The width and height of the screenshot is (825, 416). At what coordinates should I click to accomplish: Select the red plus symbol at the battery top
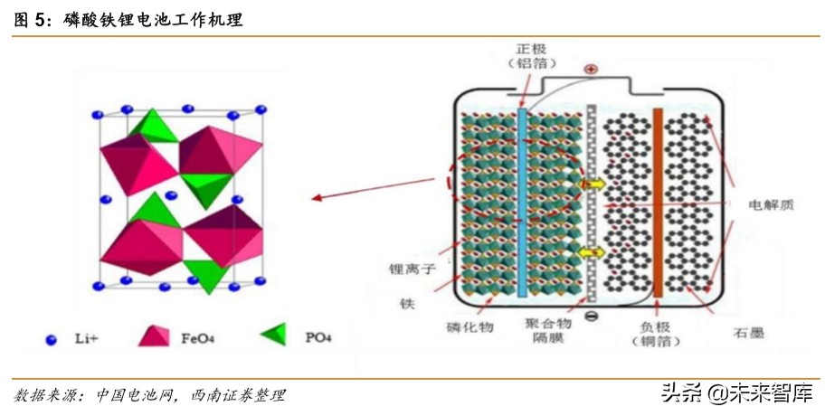click(x=591, y=69)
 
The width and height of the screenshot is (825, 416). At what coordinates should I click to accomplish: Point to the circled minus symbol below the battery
click(x=590, y=316)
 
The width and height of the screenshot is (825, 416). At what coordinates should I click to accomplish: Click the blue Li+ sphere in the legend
click(x=51, y=340)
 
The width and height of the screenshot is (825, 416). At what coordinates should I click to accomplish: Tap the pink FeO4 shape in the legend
click(x=154, y=336)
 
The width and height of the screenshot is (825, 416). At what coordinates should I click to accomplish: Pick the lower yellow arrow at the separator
click(x=592, y=252)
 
